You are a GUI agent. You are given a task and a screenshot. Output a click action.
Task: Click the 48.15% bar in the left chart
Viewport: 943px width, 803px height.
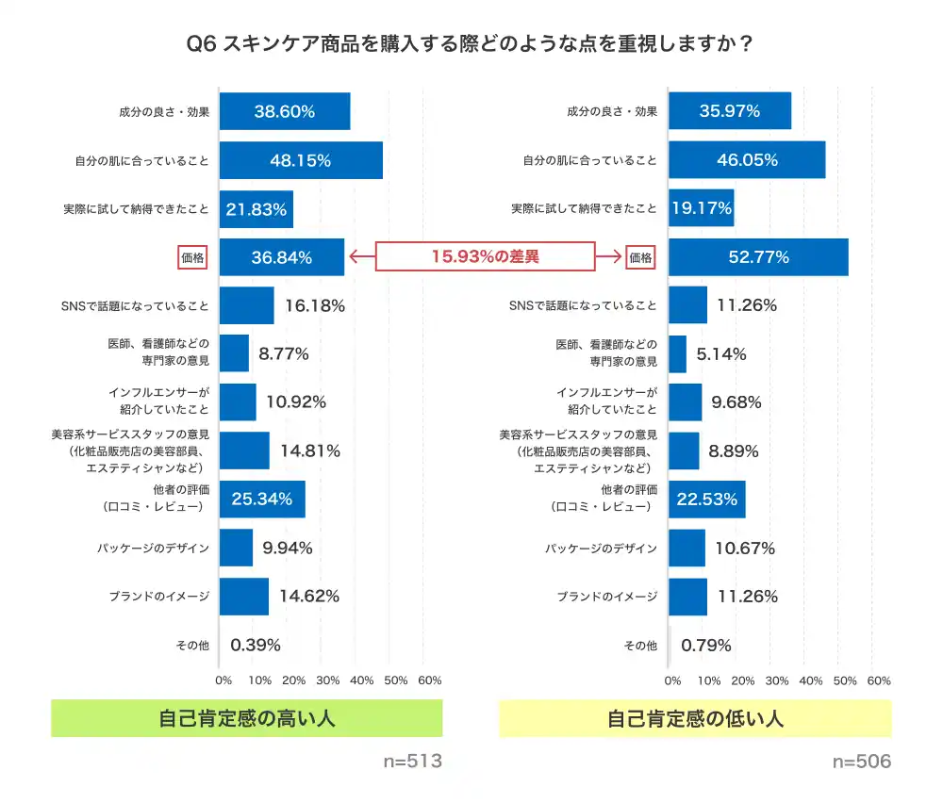(301, 160)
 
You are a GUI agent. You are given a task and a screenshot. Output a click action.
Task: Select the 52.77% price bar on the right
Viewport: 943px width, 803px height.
(758, 257)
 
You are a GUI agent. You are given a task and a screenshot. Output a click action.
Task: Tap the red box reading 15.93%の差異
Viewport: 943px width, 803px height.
(486, 256)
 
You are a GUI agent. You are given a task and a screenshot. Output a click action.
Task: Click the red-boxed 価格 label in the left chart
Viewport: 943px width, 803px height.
(192, 257)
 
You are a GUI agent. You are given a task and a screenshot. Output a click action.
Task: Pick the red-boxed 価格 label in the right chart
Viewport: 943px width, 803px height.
(641, 257)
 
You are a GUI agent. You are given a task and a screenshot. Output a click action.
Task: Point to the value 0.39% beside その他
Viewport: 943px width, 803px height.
(256, 646)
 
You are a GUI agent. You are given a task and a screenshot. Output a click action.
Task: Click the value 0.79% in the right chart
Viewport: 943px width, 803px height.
(705, 646)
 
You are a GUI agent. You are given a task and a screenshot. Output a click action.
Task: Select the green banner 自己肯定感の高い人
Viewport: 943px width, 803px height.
(246, 719)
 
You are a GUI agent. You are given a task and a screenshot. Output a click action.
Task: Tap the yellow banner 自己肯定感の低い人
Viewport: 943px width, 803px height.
(695, 719)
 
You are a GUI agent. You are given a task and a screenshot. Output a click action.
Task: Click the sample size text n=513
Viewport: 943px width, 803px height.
(412, 762)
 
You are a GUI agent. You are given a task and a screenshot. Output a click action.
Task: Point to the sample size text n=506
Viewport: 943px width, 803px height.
(860, 762)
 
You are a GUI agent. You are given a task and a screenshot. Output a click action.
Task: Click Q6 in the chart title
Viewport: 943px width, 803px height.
(203, 44)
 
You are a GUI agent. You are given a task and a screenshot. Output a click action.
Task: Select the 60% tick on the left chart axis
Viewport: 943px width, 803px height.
(429, 680)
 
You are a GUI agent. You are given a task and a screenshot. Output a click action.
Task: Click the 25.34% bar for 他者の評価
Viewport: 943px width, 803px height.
(262, 500)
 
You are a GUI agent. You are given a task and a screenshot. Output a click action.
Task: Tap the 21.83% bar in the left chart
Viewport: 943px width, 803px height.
(256, 209)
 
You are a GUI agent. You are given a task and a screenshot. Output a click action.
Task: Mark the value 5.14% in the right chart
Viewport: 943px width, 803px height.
(721, 354)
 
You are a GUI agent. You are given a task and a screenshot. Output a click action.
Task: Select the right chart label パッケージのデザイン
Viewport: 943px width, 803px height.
(601, 549)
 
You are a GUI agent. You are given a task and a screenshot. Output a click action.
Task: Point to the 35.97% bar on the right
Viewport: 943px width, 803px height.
(729, 111)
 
